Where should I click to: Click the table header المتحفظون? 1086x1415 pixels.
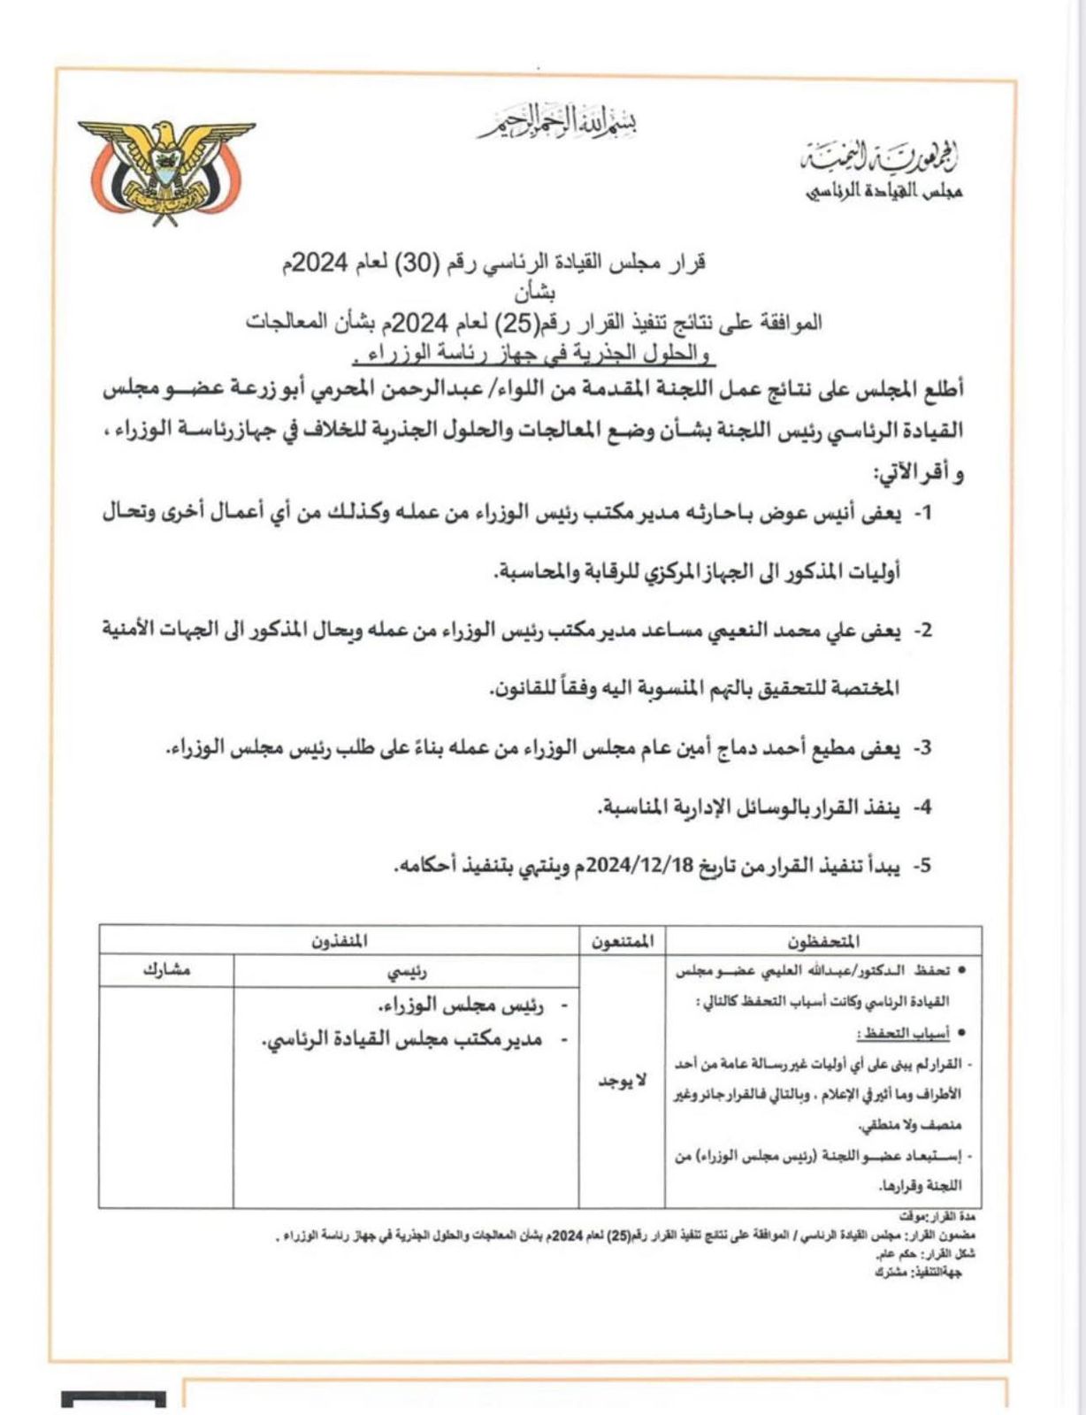pos(823,941)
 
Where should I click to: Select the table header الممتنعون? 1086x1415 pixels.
pos(623,941)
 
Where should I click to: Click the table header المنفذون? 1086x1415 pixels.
pos(339,941)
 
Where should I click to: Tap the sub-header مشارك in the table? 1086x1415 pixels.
pos(166,971)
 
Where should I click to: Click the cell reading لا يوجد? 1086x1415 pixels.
pos(623,1082)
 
